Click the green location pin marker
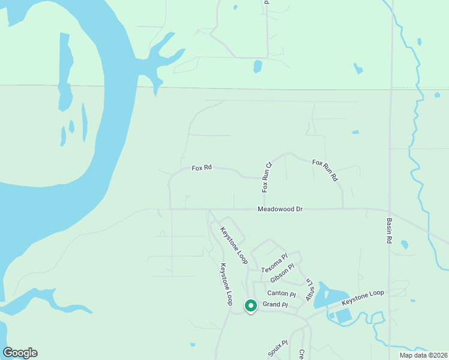click(251, 306)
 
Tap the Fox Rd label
click(202, 168)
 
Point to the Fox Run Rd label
click(325, 170)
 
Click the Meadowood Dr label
click(280, 209)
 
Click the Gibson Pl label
click(282, 274)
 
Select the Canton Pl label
click(282, 293)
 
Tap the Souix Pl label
click(276, 348)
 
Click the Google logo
click(20, 353)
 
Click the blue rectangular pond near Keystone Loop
click(344, 316)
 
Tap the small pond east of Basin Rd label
click(404, 244)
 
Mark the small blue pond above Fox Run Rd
click(355, 132)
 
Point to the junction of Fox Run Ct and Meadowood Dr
click(264, 209)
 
